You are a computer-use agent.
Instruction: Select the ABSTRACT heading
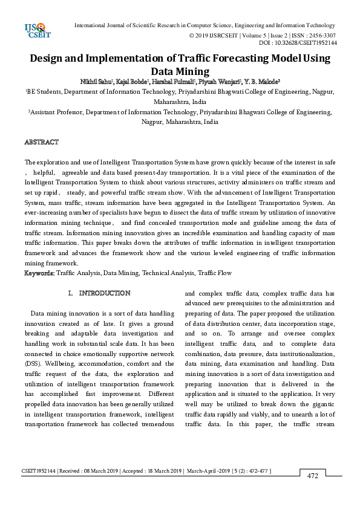pyautogui.click(x=41, y=142)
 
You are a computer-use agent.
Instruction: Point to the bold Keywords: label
pyautogui.click(x=39, y=273)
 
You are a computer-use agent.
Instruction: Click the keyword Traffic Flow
pyautogui.click(x=215, y=273)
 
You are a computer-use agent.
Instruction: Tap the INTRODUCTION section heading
pyautogui.click(x=105, y=293)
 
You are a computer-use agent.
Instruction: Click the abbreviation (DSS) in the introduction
pyautogui.click(x=33, y=363)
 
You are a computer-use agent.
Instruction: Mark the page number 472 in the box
pyautogui.click(x=312, y=476)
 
